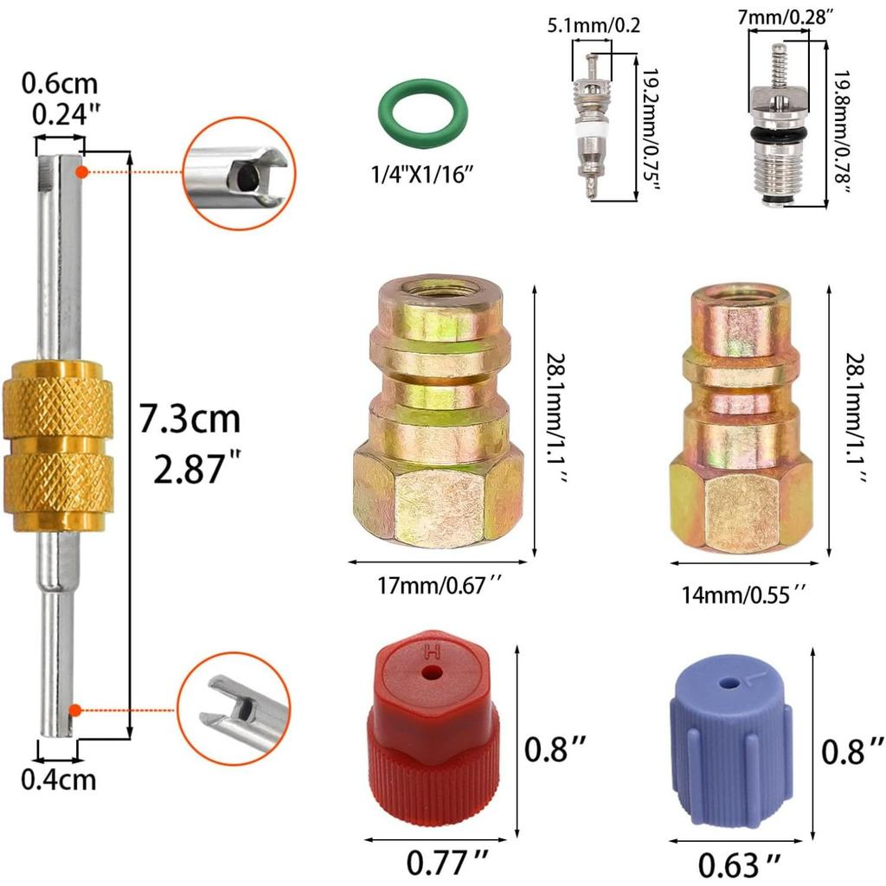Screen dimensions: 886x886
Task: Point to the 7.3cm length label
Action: coord(189,420)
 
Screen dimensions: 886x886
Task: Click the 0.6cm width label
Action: coord(60,84)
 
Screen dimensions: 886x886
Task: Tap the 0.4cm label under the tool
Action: coord(58,780)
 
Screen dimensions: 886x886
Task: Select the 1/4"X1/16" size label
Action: coord(421,174)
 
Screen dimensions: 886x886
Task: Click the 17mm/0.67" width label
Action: coord(440,586)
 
